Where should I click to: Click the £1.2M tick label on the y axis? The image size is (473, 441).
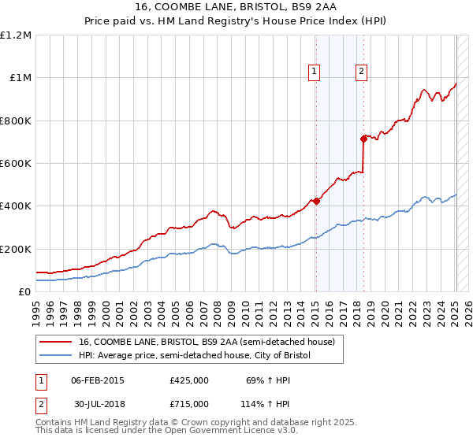click(x=16, y=35)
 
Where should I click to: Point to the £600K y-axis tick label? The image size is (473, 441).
click(x=16, y=164)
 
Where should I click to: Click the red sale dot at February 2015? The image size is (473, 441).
click(x=315, y=201)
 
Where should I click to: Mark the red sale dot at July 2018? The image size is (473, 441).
click(x=363, y=139)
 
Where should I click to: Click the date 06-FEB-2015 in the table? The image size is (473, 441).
click(x=98, y=380)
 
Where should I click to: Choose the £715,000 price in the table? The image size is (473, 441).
click(x=189, y=403)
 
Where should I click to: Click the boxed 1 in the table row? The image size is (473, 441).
click(x=41, y=380)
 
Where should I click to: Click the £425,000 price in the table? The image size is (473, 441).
click(x=189, y=380)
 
